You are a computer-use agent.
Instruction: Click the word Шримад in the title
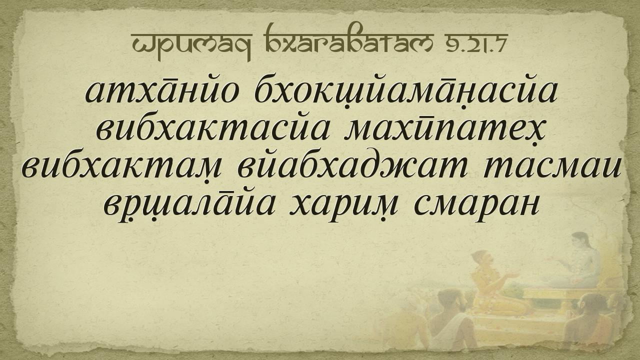coord(191,43)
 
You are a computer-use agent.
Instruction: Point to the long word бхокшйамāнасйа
coord(405,93)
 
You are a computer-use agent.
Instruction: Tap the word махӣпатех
coord(445,132)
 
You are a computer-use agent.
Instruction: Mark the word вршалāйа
coord(189,205)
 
